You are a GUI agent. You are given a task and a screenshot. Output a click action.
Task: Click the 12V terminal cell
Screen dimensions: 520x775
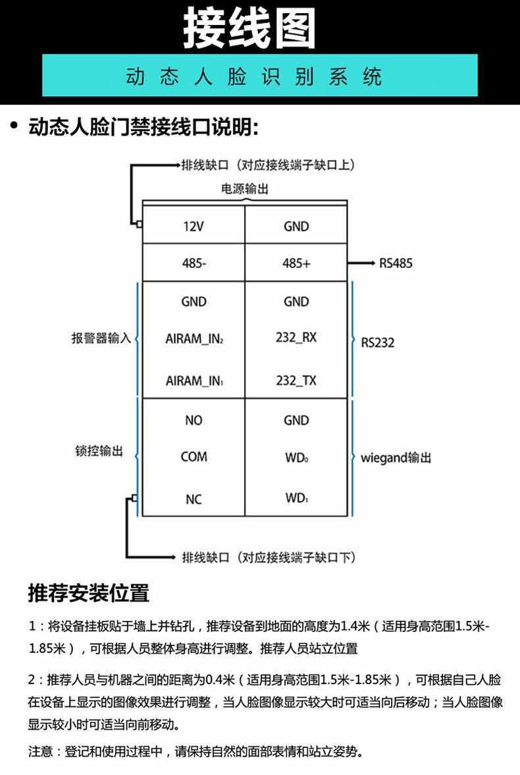coord(194,227)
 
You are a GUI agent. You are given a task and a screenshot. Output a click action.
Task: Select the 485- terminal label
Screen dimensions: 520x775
coord(194,263)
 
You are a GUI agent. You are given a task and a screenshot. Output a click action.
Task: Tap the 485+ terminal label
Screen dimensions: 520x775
coord(296,263)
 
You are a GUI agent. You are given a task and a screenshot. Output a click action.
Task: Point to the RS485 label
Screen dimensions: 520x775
coord(396,263)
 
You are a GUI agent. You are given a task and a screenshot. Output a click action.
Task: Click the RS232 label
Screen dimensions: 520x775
coord(378,342)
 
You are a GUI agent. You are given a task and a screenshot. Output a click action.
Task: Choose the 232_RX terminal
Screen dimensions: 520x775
coord(296,337)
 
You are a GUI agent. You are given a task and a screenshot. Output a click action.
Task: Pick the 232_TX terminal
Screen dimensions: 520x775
coord(296,381)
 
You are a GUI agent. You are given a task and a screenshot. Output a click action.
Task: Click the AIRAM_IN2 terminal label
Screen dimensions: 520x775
coord(194,340)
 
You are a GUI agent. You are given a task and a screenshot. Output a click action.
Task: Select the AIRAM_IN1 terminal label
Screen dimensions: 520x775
coord(194,381)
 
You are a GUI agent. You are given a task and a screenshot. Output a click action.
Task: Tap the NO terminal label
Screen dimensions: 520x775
coord(194,420)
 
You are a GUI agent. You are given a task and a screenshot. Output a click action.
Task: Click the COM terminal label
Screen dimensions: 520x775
coord(194,457)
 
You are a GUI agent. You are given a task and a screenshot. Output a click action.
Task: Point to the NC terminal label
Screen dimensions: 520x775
coord(194,500)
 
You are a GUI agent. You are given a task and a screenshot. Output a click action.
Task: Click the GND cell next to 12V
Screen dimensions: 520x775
coord(296,227)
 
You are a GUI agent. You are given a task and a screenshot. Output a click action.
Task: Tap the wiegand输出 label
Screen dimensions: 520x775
coord(396,458)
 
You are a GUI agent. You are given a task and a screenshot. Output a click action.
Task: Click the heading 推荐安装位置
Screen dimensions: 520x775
coord(89,593)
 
